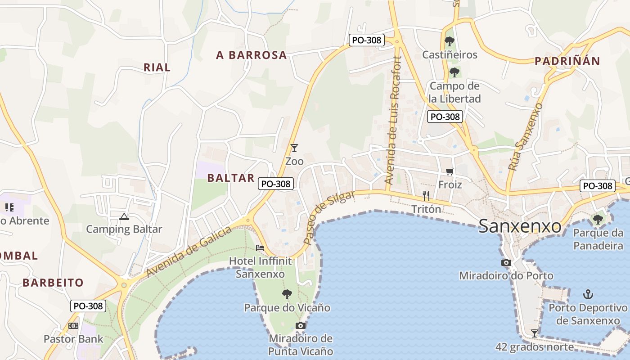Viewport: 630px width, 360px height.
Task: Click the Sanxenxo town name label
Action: [x=520, y=226]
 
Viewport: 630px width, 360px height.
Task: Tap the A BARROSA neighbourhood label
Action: [x=251, y=55]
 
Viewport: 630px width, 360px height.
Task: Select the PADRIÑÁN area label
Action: [x=567, y=62]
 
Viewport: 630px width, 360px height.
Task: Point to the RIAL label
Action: [x=157, y=67]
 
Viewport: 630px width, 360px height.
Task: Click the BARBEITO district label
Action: [x=53, y=283]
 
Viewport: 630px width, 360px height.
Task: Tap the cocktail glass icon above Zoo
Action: [x=294, y=148]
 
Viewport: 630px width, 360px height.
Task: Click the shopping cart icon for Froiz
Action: [x=450, y=171]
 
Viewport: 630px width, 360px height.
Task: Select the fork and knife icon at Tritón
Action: [x=426, y=196]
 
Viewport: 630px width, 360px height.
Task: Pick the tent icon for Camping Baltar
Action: [x=124, y=216]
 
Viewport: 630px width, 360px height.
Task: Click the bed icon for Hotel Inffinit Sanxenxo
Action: [x=260, y=247]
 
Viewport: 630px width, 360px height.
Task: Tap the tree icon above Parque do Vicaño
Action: [x=287, y=295]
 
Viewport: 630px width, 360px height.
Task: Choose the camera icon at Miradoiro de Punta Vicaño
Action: [x=301, y=325]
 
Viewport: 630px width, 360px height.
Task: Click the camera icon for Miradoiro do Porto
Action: [x=506, y=262]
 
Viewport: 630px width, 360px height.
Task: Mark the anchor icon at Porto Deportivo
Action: [x=588, y=294]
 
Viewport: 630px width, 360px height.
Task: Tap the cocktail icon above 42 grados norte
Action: [x=535, y=333]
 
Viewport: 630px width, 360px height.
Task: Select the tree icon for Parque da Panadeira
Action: [x=598, y=220]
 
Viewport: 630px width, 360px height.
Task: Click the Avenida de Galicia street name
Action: [x=189, y=252]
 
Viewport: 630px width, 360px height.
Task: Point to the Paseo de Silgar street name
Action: [x=329, y=217]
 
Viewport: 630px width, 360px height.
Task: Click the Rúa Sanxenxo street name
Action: [x=526, y=137]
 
